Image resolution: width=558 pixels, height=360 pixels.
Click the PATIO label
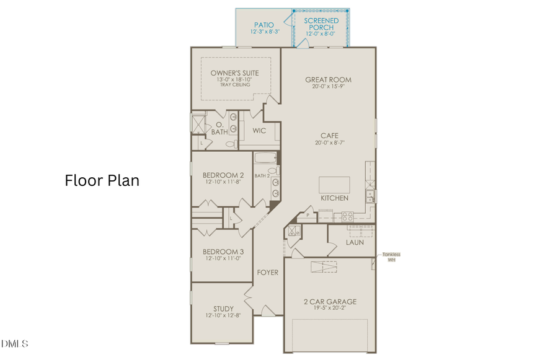(263, 24)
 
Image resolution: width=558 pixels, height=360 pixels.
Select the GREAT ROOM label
(328, 79)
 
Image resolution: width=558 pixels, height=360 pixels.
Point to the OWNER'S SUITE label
(234, 73)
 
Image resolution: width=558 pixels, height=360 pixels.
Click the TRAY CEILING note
(234, 85)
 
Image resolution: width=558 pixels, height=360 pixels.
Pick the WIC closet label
(259, 131)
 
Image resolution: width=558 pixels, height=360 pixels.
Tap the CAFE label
(329, 135)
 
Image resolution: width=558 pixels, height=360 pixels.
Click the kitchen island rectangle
(334, 185)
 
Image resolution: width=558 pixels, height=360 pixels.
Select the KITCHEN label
(334, 198)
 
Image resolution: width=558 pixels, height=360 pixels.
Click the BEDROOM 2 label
(223, 175)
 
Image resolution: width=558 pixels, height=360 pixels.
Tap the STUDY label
(223, 309)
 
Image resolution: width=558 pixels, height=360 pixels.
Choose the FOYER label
(268, 273)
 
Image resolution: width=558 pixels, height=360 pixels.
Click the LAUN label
(355, 242)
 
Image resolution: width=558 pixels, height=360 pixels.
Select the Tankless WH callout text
(391, 257)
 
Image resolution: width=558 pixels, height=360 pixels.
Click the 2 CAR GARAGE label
(330, 302)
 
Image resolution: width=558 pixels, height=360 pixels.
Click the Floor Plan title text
(102, 180)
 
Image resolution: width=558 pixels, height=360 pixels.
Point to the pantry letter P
(308, 215)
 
